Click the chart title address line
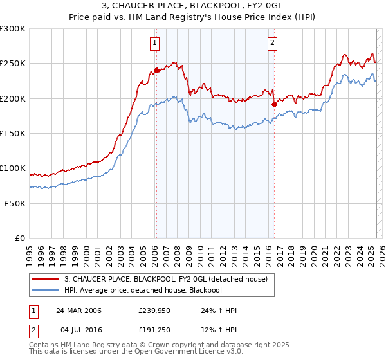pos(193,6)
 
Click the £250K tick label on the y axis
pos(13,64)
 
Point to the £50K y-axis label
pos(15,203)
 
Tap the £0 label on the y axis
pos(20,238)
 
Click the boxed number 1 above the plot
pos(156,43)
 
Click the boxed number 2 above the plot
pos(273,43)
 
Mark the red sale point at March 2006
pos(156,71)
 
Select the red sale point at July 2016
pos(274,104)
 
